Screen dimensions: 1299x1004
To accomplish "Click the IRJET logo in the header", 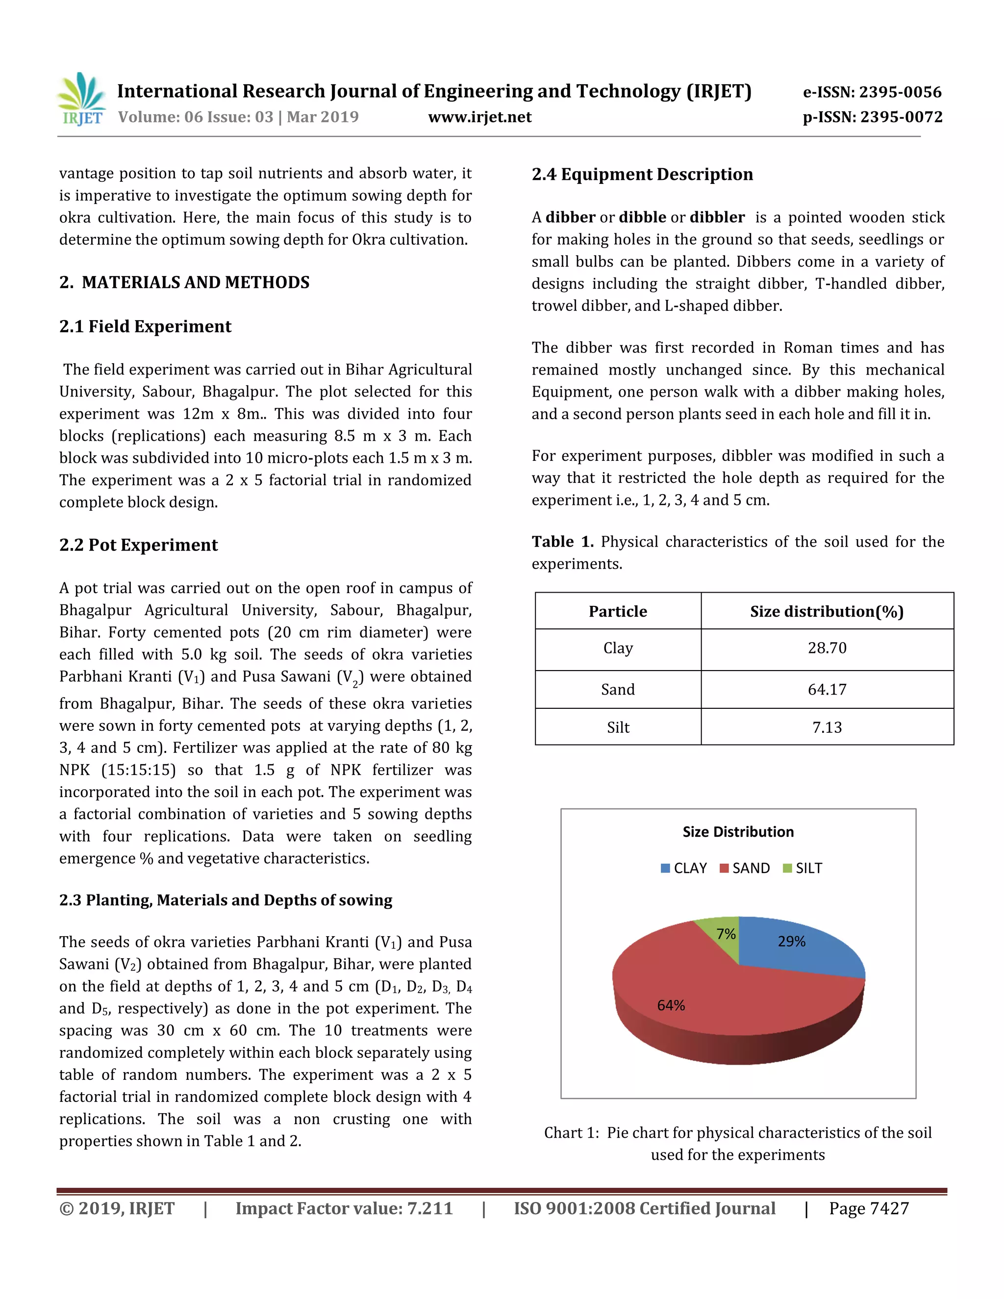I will click(81, 100).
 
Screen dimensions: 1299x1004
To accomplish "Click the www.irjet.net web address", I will click(479, 117).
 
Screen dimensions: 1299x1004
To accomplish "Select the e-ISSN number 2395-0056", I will click(872, 92).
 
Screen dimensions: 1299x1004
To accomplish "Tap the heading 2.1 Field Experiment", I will click(145, 326).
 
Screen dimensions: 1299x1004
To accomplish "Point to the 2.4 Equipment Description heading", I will click(642, 175).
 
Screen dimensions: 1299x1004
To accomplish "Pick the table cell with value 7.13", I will click(826, 727).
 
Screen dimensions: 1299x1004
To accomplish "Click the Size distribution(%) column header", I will click(826, 611).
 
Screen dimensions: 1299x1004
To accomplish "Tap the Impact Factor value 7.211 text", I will click(344, 1209).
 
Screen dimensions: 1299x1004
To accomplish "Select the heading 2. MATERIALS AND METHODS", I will click(184, 282).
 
